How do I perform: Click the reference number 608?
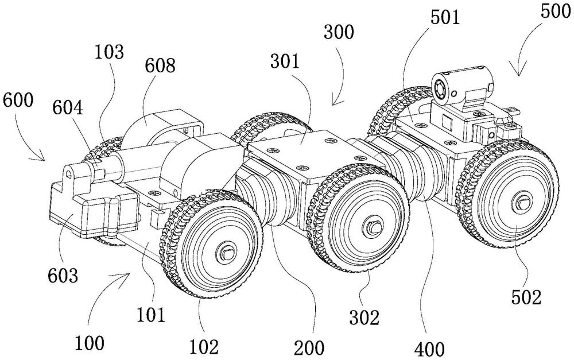[160, 66]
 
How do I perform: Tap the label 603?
[63, 275]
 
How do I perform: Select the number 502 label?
[526, 298]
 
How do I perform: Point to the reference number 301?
[285, 61]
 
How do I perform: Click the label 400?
[429, 349]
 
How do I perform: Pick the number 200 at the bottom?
[309, 348]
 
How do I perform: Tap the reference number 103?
[109, 52]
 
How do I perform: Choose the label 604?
[68, 109]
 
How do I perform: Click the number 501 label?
[445, 17]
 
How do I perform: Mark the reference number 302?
[364, 317]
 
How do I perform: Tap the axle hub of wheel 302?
[373, 226]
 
